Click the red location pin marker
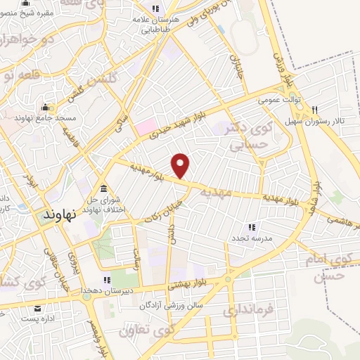pos(181,165)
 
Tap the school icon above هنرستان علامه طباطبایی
pos(157,8)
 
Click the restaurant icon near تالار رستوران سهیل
pos(314,109)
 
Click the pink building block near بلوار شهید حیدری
pos(146,127)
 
